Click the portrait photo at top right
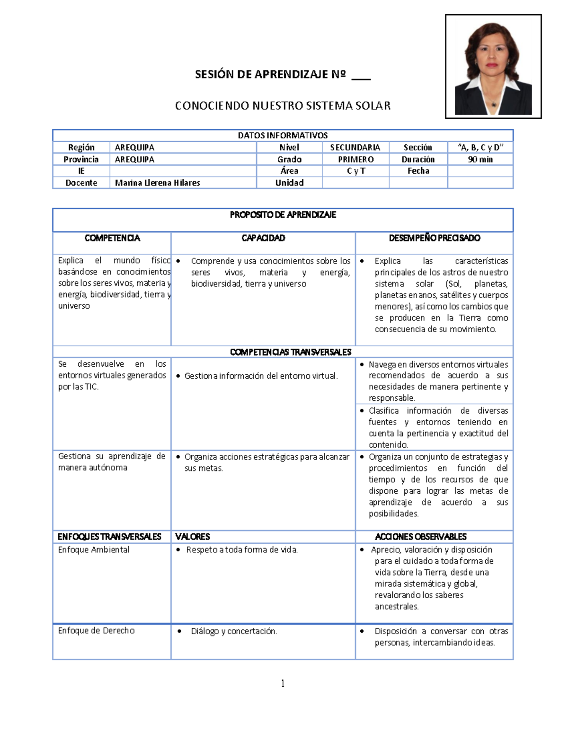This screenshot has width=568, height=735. [x=493, y=66]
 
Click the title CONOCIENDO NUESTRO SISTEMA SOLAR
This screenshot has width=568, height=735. [x=283, y=106]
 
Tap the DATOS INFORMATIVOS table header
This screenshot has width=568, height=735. [x=283, y=135]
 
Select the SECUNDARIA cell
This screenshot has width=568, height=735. [x=355, y=148]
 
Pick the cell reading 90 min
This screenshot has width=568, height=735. [x=480, y=159]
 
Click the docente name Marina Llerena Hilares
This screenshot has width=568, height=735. [x=157, y=183]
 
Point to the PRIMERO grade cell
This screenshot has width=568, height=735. [x=355, y=159]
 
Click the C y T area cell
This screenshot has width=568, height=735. [x=355, y=171]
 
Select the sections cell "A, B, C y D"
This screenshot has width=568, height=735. [x=480, y=148]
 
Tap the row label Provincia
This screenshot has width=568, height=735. [x=81, y=159]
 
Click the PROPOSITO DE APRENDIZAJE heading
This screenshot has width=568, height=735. [x=283, y=215]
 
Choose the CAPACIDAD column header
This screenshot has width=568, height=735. [x=263, y=238]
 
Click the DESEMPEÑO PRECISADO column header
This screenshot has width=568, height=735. [x=434, y=238]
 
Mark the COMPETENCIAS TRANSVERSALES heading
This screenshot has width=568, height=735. [x=290, y=352]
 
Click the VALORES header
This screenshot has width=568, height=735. [x=192, y=537]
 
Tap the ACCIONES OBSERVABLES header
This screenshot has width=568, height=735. [x=420, y=537]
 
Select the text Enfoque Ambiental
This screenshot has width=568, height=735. [x=94, y=550]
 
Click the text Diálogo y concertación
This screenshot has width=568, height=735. [x=234, y=631]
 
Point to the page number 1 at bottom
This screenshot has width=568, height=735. [x=283, y=683]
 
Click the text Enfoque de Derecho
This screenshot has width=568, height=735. [x=96, y=631]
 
